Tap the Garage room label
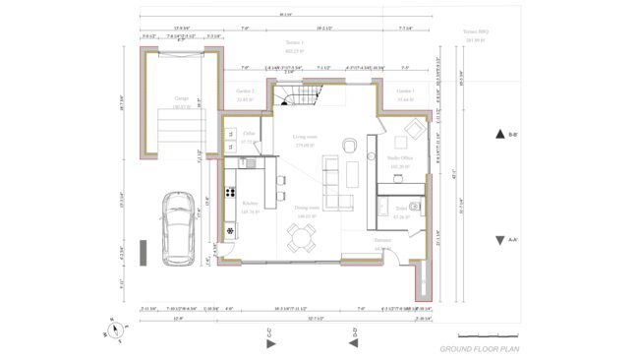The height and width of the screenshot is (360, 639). [x=181, y=98]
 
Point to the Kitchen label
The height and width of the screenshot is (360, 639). [x=250, y=204]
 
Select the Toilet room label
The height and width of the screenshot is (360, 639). [x=401, y=209]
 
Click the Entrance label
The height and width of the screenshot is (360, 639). [x=382, y=239]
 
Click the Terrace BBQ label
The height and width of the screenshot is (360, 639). [x=476, y=31]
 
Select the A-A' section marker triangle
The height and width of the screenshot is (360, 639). [x=499, y=239]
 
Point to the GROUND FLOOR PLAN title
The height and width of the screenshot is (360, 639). [x=479, y=349]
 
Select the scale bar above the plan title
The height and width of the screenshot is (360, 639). [x=487, y=336]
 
